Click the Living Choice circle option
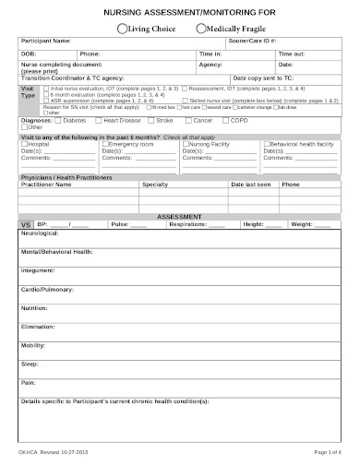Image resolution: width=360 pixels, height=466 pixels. (x=122, y=28)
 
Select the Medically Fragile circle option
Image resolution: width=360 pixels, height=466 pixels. (x=201, y=28)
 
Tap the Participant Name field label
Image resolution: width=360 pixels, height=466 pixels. (x=45, y=42)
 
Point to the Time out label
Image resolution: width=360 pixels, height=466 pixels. (x=292, y=54)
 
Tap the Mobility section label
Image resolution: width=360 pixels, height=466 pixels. (x=33, y=344)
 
